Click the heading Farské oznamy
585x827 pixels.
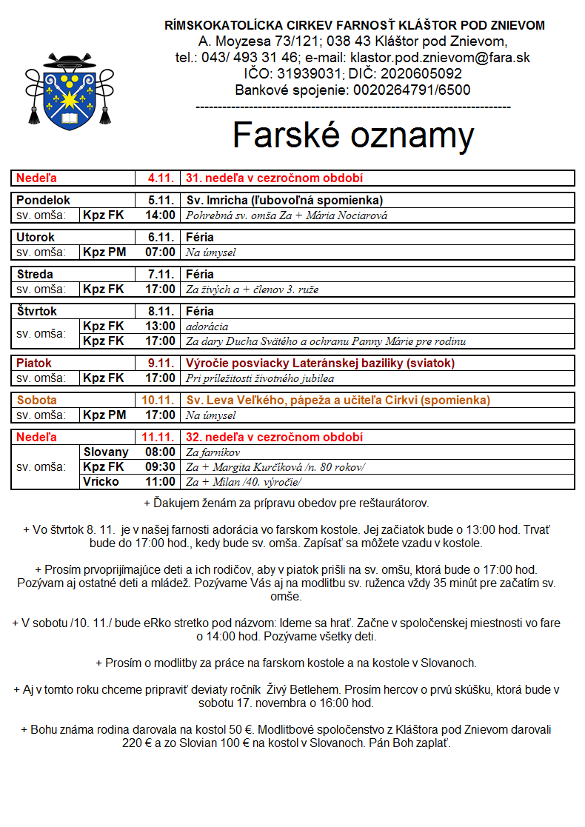352,135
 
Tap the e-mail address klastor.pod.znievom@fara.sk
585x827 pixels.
441,58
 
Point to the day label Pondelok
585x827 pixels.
44,201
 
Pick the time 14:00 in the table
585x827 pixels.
161,215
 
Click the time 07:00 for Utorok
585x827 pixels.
161,252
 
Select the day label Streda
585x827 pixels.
35,275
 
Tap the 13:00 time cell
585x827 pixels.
161,327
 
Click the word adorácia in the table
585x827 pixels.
207,327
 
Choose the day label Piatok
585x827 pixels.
34,364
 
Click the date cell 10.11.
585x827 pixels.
158,401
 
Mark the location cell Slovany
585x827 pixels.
106,452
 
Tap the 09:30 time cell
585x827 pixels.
161,467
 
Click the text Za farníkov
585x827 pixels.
213,452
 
